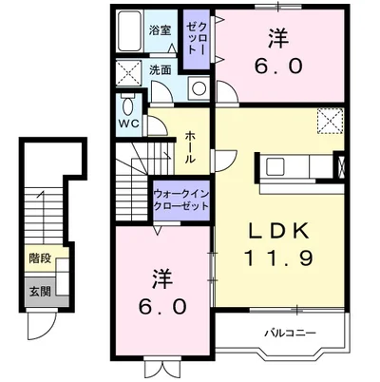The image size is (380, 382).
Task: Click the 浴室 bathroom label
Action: click(x=160, y=30)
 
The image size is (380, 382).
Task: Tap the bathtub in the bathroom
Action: click(x=129, y=31)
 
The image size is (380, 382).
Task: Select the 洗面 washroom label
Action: click(x=161, y=70)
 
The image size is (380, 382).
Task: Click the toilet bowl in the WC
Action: click(x=128, y=106)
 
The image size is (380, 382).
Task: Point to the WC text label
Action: click(x=128, y=124)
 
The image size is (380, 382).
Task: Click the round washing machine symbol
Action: click(x=199, y=88)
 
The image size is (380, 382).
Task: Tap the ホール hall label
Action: click(x=190, y=146)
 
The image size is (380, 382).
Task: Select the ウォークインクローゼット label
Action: click(x=181, y=201)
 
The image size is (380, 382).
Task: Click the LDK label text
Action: click(x=279, y=231)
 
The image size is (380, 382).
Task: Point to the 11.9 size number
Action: click(x=278, y=258)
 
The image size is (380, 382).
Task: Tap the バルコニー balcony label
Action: click(x=291, y=333)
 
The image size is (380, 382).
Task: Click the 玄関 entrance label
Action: click(x=40, y=292)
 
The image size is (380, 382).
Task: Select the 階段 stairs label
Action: click(x=40, y=258)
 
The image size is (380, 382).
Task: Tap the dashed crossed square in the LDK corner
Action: click(x=331, y=121)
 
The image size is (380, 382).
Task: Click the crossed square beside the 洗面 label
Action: click(x=128, y=72)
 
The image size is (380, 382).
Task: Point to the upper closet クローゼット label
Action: click(x=197, y=38)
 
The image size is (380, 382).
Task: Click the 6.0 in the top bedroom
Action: click(x=278, y=67)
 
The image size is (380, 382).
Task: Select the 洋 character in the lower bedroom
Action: click(x=162, y=278)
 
